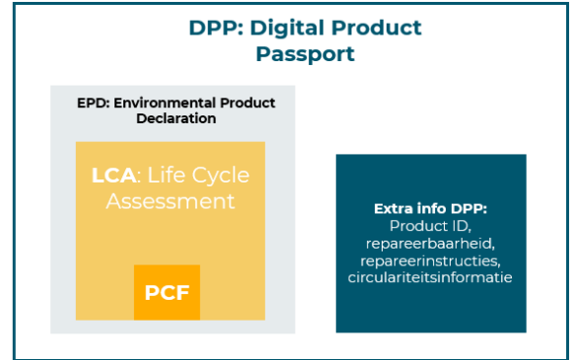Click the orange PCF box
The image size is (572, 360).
point(167,293)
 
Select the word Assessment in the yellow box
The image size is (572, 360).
point(171,201)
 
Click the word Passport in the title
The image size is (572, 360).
point(305,53)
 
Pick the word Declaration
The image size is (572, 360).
point(176,118)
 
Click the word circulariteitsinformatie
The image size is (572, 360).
point(430,277)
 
